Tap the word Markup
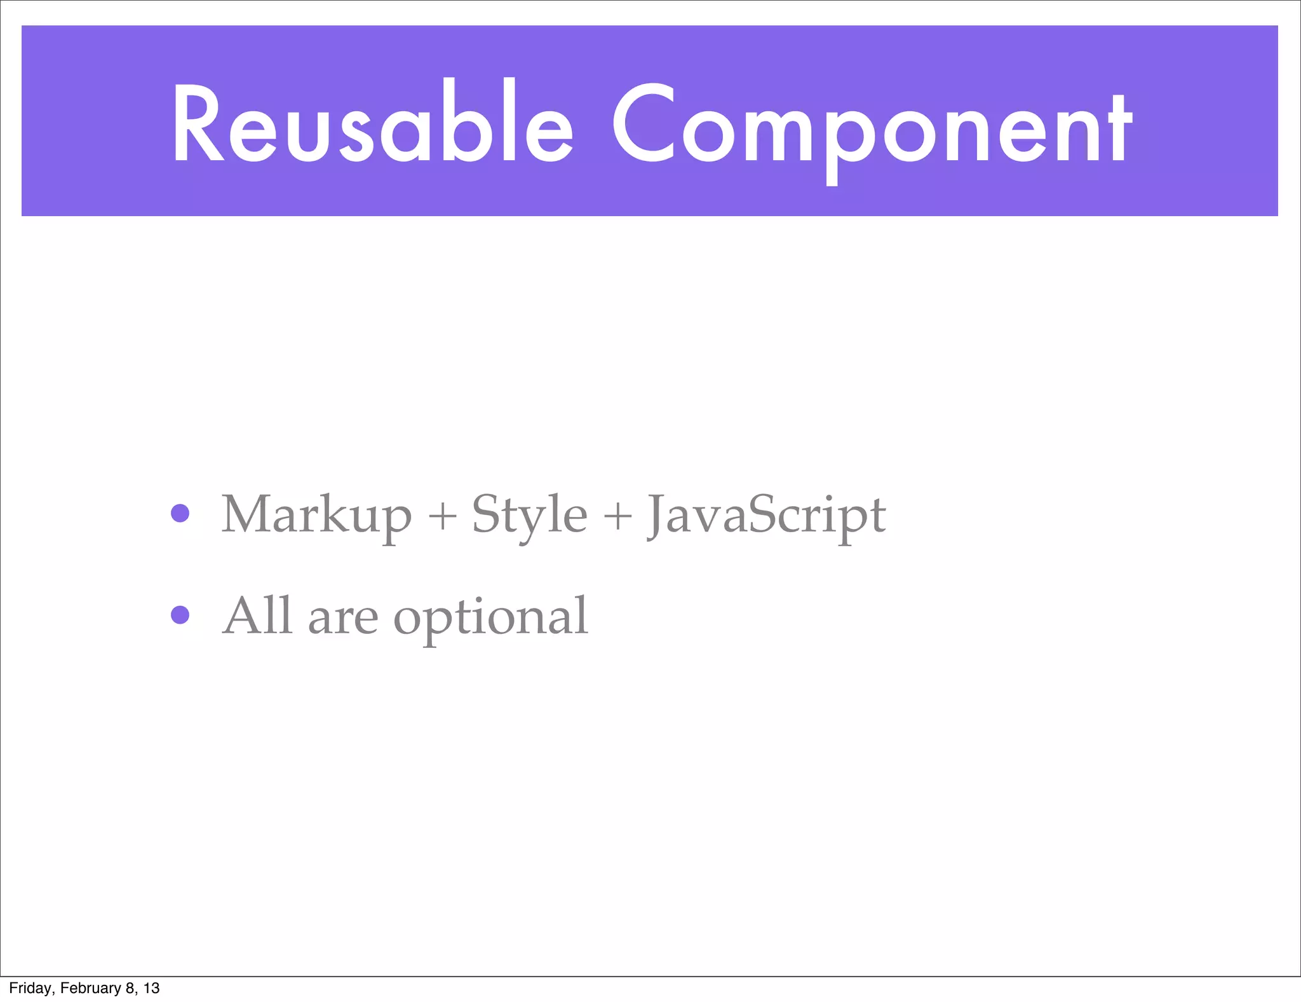pyautogui.click(x=316, y=516)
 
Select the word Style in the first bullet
pyautogui.click(x=529, y=516)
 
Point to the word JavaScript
pyautogui.click(x=766, y=516)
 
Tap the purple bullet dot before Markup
pyautogui.click(x=180, y=513)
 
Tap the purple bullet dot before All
pyautogui.click(x=180, y=615)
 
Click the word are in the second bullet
pyautogui.click(x=342, y=619)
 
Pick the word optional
pyautogui.click(x=490, y=618)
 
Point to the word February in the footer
pyautogui.click(x=90, y=988)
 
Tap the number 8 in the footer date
pyautogui.click(x=130, y=988)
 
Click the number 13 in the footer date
pyautogui.click(x=151, y=988)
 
